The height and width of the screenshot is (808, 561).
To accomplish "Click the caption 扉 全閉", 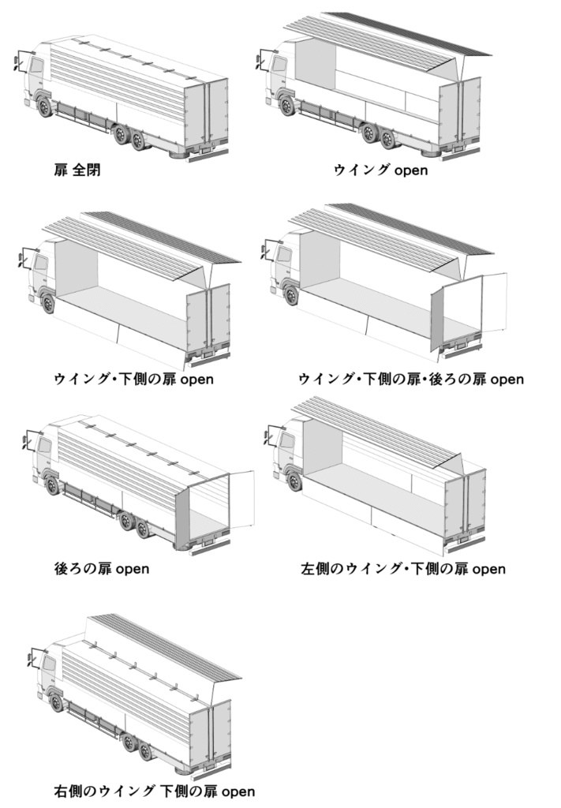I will (x=77, y=170).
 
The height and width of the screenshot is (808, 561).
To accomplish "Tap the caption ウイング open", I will (x=381, y=170).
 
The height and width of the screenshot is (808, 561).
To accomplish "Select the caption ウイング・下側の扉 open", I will (x=134, y=380).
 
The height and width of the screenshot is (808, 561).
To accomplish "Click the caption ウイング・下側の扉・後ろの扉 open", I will (x=411, y=380).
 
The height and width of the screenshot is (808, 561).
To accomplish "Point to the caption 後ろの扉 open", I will (x=103, y=568).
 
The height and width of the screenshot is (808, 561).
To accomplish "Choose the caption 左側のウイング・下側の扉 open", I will (x=403, y=568).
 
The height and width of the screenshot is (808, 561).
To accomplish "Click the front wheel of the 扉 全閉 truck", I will (x=46, y=107).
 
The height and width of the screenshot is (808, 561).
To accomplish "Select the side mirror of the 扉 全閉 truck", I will (x=17, y=62).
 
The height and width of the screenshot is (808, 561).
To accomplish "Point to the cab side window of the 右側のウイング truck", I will (x=48, y=665).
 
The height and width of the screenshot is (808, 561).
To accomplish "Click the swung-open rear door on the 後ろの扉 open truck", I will (x=241, y=498).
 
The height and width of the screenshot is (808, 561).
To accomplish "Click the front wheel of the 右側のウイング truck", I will (x=56, y=701).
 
